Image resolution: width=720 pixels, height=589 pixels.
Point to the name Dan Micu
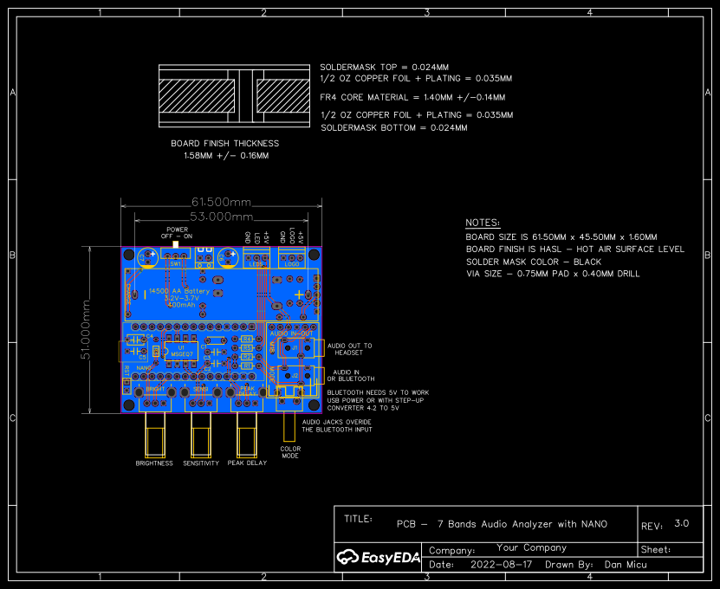626,564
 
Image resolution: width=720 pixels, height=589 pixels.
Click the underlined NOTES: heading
483,223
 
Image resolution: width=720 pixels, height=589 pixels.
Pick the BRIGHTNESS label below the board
155,463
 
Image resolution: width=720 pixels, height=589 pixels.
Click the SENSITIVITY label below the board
202,463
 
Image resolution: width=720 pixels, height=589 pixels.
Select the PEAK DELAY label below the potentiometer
248,463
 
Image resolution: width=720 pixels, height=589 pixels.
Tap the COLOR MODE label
290,452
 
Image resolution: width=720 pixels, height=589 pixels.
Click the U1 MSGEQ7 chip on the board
182,351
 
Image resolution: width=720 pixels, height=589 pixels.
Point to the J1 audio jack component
295,347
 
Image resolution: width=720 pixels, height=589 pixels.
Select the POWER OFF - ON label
178,233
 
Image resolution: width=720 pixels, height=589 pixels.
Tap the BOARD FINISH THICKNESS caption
225,144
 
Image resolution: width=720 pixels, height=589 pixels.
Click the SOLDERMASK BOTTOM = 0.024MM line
393,127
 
